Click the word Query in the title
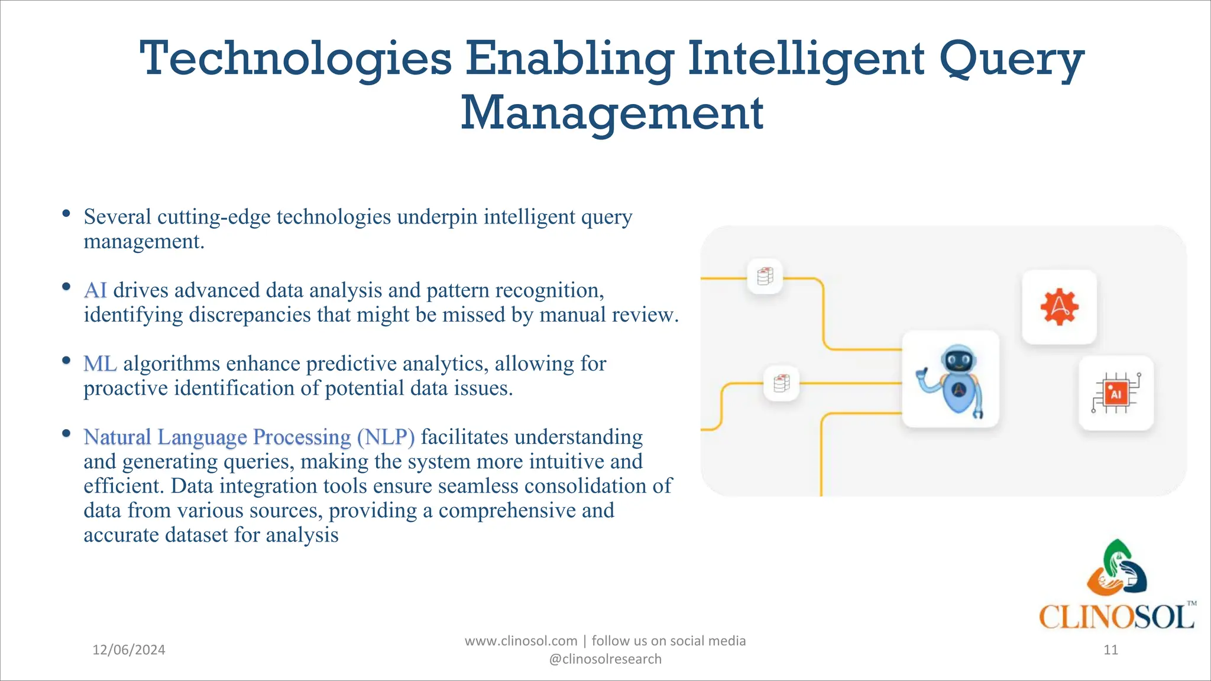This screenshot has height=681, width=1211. point(1011,60)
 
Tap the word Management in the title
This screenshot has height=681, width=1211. point(612,113)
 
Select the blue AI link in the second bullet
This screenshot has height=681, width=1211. point(95,290)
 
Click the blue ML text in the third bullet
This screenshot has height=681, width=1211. point(100,364)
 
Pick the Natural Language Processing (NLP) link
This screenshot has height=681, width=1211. point(249,437)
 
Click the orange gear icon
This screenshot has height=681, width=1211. point(1059,307)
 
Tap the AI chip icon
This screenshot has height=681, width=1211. point(1116,393)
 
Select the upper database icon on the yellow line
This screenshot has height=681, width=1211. point(765,276)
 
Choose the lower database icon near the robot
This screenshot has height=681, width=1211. point(781,383)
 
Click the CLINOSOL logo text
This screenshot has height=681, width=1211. point(1116,617)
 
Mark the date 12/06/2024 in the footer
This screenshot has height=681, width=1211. point(129,650)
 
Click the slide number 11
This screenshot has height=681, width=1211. point(1110,650)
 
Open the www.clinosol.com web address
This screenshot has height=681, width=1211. point(521,641)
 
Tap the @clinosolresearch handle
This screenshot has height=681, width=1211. point(605,659)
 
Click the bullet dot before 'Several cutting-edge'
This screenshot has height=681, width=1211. point(66,213)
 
